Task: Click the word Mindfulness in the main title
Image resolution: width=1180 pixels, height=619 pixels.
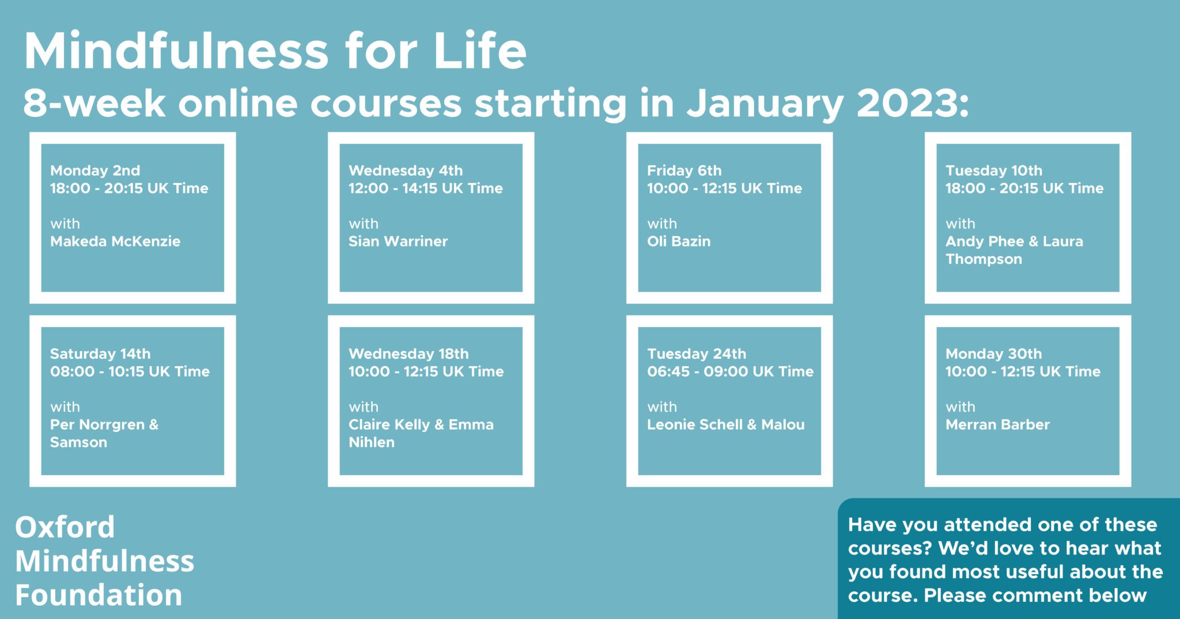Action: point(176,51)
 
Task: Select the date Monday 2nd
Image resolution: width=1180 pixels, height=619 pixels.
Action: point(95,170)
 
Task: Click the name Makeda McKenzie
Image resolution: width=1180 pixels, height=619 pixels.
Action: point(115,241)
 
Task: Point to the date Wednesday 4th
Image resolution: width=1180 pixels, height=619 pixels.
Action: point(406,170)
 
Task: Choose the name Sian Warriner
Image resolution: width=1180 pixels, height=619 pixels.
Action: point(398,241)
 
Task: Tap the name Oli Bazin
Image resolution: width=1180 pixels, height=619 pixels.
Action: point(679,241)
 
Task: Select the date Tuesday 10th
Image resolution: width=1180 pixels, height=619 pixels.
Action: point(994,170)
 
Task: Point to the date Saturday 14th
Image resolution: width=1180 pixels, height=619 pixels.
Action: point(100,354)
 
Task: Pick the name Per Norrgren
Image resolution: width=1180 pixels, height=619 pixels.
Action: point(97,425)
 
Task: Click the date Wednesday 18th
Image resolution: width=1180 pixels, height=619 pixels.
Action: point(409,354)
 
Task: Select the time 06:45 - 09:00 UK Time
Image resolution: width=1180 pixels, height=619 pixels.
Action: point(731,371)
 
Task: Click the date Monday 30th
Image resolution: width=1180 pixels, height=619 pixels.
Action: point(994,354)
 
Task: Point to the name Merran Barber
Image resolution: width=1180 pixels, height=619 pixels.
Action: point(998,425)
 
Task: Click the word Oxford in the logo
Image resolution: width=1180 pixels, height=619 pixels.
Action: point(65,527)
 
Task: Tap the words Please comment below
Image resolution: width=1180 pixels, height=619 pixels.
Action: point(1035,595)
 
